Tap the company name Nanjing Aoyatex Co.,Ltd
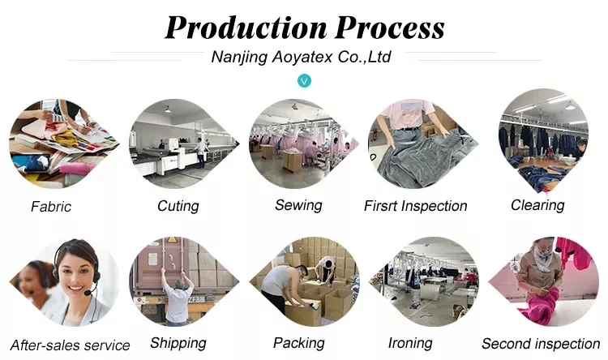click(x=301, y=57)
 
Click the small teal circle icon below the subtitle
click(x=304, y=80)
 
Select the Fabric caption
click(x=51, y=206)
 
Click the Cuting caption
click(x=178, y=206)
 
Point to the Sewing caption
click(x=298, y=205)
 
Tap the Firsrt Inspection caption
click(x=416, y=206)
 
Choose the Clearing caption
click(x=537, y=205)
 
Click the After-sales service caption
click(x=70, y=345)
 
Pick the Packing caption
click(x=298, y=343)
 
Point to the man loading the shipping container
click(x=178, y=296)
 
